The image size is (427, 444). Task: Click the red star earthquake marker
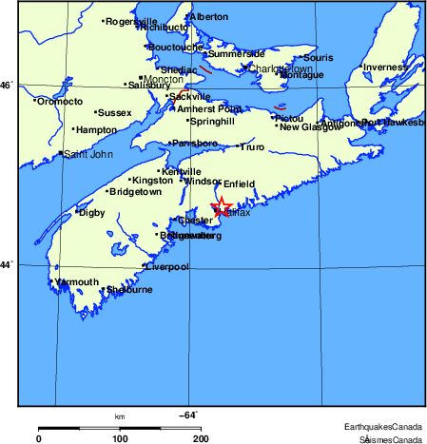[222, 206]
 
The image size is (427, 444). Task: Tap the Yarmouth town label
[76, 282]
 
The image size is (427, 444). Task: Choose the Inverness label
[383, 67]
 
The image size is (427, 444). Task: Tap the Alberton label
[209, 17]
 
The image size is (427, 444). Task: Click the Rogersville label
[132, 21]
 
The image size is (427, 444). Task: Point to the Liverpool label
[167, 267]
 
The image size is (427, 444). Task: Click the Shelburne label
[128, 290]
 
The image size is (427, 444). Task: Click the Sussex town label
[114, 112]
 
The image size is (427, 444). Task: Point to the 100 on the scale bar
[120, 438]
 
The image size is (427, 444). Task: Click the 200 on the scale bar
[201, 438]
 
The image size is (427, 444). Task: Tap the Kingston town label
[153, 180]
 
